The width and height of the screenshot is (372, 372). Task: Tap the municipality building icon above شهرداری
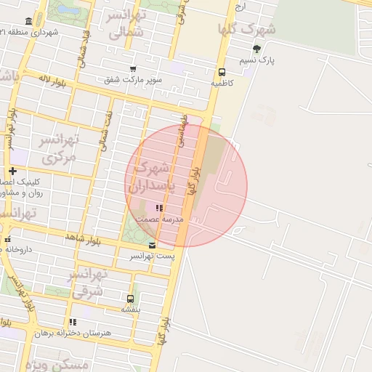click(x=28, y=21)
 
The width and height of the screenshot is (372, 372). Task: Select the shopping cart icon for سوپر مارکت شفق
click(x=132, y=69)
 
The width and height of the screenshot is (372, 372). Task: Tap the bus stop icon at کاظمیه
click(x=222, y=72)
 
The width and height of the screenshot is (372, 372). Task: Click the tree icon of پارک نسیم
click(x=256, y=49)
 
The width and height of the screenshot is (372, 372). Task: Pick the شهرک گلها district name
click(x=247, y=30)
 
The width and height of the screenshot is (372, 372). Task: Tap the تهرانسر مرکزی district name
click(x=54, y=146)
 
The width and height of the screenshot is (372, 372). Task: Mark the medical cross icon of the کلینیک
click(x=12, y=171)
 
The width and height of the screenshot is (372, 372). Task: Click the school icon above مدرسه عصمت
click(x=159, y=209)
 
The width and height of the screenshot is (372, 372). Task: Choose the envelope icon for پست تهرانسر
click(x=151, y=246)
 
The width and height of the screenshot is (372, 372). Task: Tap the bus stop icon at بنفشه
click(x=130, y=299)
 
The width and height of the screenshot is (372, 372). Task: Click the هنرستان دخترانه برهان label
click(x=72, y=333)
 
